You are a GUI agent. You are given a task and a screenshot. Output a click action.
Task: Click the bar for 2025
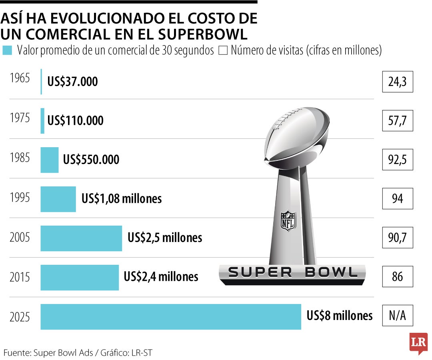coord(171,317)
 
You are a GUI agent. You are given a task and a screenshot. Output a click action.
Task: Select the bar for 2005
coord(81,238)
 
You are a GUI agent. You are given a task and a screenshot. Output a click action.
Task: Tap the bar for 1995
coord(58,199)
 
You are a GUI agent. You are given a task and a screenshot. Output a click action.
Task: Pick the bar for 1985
coord(50,160)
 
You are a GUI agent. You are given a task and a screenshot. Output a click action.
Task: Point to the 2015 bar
coord(80,277)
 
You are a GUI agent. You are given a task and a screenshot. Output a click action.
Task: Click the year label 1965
coord(20,78)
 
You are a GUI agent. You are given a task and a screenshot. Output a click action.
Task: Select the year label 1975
coord(20,119)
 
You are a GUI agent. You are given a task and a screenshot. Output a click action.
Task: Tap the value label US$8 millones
coord(340,316)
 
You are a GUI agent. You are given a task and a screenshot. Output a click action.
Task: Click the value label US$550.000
coord(91,160)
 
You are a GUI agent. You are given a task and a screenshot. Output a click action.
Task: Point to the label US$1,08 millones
coord(122,199)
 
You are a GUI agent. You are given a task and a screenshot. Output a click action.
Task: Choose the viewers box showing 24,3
coord(397,82)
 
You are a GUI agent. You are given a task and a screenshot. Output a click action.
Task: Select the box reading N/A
coord(397,316)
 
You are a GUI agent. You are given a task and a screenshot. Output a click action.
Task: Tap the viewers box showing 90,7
coord(397,238)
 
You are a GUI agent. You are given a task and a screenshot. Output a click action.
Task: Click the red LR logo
coord(418,343)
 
